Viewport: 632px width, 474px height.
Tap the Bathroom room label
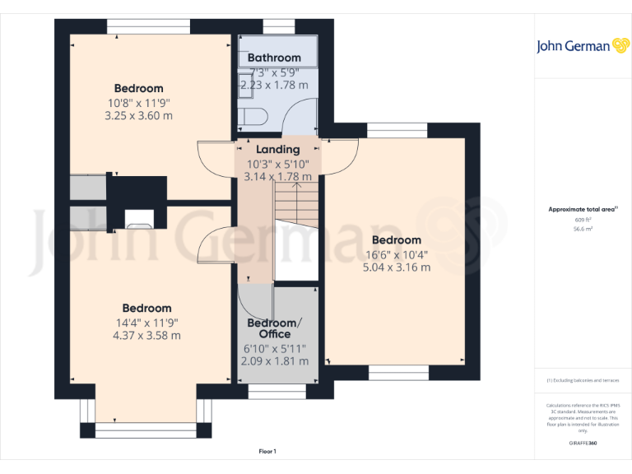click(274, 58)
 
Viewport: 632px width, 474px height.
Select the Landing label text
click(278, 150)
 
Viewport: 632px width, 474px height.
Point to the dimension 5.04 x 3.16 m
click(397, 267)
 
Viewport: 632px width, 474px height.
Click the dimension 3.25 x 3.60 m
click(138, 115)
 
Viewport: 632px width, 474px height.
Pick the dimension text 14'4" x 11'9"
click(146, 323)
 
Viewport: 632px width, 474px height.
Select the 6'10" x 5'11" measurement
click(276, 349)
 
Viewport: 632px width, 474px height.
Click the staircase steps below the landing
click(295, 202)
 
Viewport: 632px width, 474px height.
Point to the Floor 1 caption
click(267, 451)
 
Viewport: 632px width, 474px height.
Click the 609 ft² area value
click(583, 221)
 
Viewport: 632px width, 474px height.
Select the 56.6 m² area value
click(583, 230)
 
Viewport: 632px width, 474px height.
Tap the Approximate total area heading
click(582, 210)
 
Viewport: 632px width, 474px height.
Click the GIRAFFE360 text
click(583, 444)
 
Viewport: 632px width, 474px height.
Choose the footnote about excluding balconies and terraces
click(583, 380)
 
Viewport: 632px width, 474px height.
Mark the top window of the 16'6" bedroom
click(397, 131)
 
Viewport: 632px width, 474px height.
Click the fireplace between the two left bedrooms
click(137, 218)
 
